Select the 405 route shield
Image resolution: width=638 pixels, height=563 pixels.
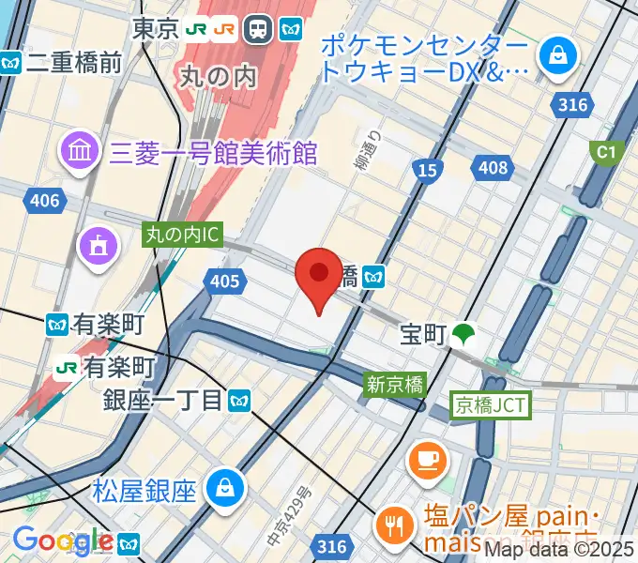click(x=225, y=280)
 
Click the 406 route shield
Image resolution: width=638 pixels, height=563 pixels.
click(x=44, y=201)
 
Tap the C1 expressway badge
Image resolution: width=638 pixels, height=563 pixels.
click(x=604, y=150)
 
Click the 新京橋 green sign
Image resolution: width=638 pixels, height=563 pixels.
click(x=396, y=383)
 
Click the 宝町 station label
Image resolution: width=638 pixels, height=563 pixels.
click(x=422, y=335)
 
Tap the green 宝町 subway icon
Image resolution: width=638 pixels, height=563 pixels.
click(x=462, y=335)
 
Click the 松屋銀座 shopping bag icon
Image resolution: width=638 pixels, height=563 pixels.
click(x=226, y=488)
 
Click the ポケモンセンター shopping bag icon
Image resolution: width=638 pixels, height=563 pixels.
click(x=559, y=54)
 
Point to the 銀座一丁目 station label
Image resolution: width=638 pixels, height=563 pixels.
click(x=164, y=401)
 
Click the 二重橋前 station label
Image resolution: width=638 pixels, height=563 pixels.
click(x=74, y=63)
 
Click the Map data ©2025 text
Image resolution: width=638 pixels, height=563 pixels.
click(x=559, y=552)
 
